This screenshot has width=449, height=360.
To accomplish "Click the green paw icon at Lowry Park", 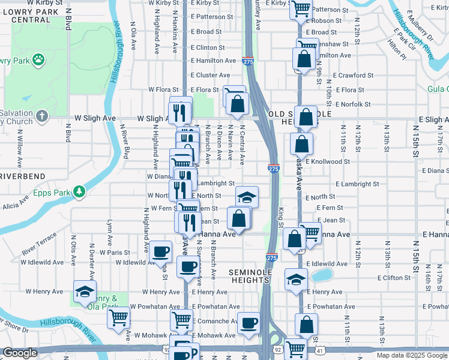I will tap(39, 59).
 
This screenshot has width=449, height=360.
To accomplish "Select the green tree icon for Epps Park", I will tap(79, 191).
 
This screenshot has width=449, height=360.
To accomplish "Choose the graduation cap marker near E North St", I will tap(246, 197).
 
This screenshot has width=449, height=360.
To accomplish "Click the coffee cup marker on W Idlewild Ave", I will tap(160, 251).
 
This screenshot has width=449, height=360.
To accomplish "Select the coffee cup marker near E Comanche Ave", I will tap(249, 323).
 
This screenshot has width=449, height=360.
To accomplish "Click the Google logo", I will tap(20, 353).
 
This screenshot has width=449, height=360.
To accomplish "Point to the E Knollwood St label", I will tap(327, 161).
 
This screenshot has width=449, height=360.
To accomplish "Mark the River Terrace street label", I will tap(38, 247).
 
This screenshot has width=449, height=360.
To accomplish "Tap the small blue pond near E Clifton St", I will tap(322, 275).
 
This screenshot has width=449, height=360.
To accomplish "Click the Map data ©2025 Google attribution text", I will tap(411, 355).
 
